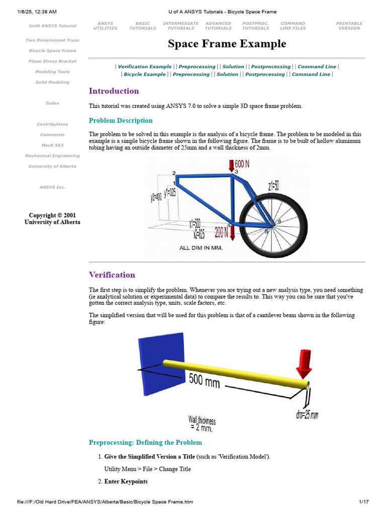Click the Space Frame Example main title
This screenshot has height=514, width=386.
click(227, 44)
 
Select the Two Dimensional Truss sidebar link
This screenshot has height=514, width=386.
click(52, 40)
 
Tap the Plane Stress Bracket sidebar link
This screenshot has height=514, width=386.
click(52, 61)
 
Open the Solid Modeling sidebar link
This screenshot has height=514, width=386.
click(52, 82)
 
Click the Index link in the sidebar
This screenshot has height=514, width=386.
click(52, 103)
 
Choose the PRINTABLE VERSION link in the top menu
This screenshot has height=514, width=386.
click(349, 26)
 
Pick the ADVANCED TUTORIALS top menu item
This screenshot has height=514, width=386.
click(218, 26)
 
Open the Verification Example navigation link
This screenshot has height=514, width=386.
click(145, 67)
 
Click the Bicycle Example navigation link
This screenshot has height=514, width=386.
click(145, 74)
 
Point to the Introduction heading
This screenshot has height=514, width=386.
click(114, 91)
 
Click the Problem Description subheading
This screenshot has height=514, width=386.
click(121, 120)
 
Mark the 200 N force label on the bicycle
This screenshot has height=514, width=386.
click(222, 232)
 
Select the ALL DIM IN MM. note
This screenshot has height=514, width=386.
click(201, 248)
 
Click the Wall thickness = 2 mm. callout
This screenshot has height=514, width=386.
click(201, 423)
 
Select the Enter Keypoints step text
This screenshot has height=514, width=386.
click(126, 482)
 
